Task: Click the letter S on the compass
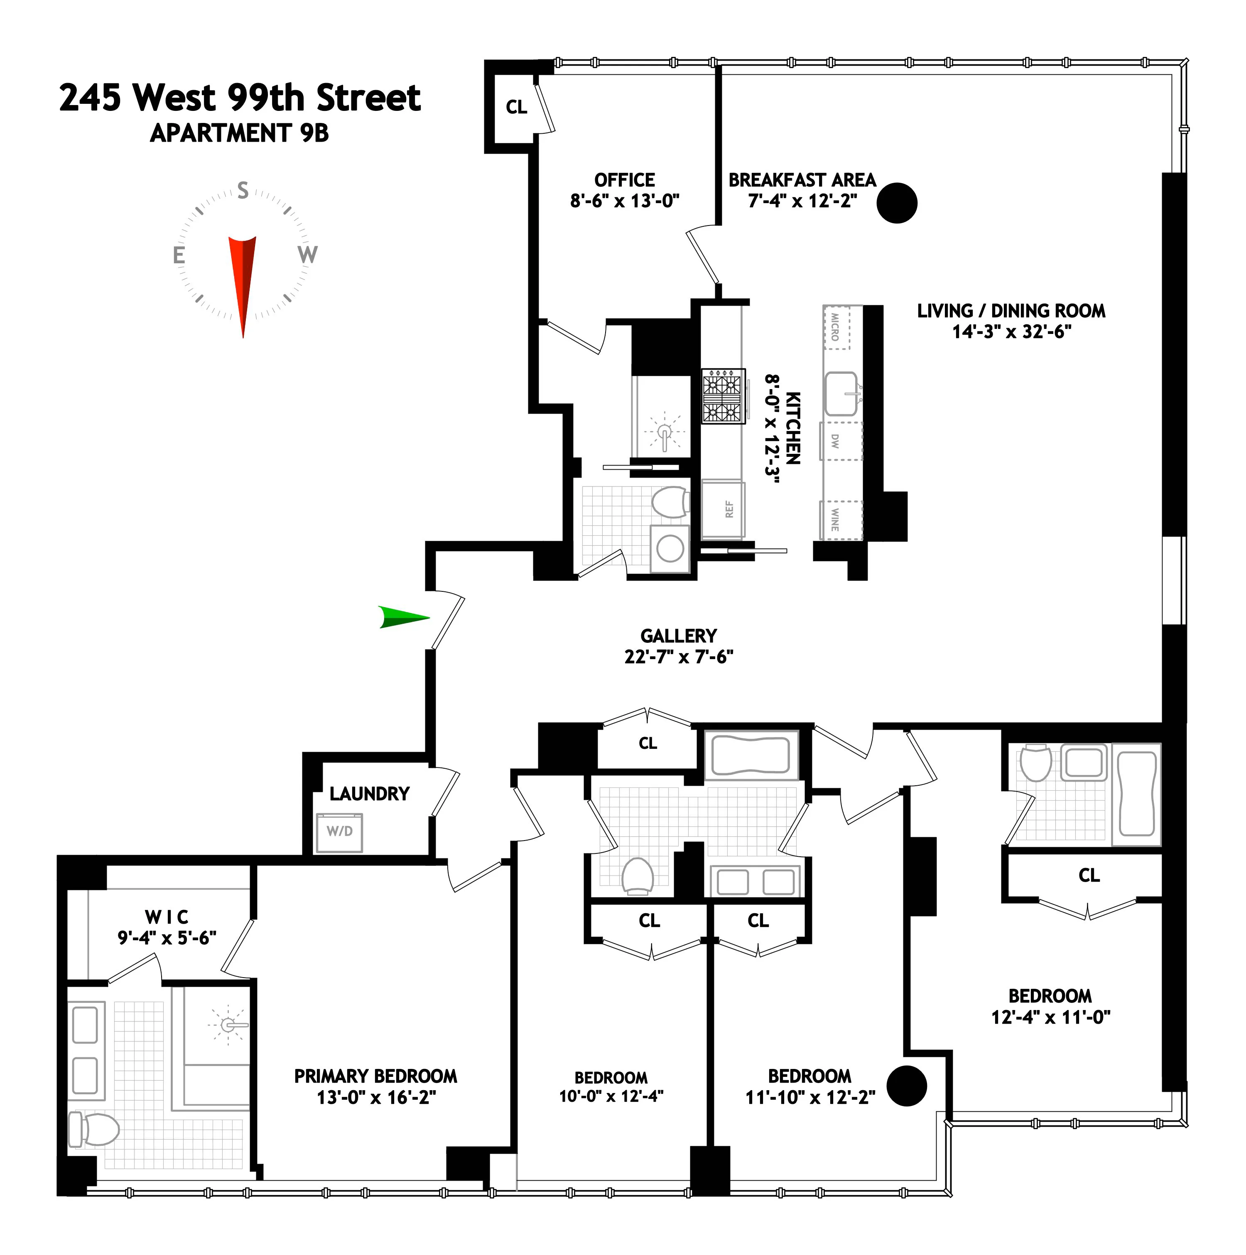[x=243, y=190]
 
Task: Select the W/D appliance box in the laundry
[x=339, y=832]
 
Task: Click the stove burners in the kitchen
[x=723, y=396]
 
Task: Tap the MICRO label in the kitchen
[x=835, y=327]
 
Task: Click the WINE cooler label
[x=835, y=519]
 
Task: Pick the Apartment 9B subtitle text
[x=239, y=133]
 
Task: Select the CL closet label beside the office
[x=516, y=107]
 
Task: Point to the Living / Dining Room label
[x=1011, y=311]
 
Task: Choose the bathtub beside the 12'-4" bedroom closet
[x=1136, y=794]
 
